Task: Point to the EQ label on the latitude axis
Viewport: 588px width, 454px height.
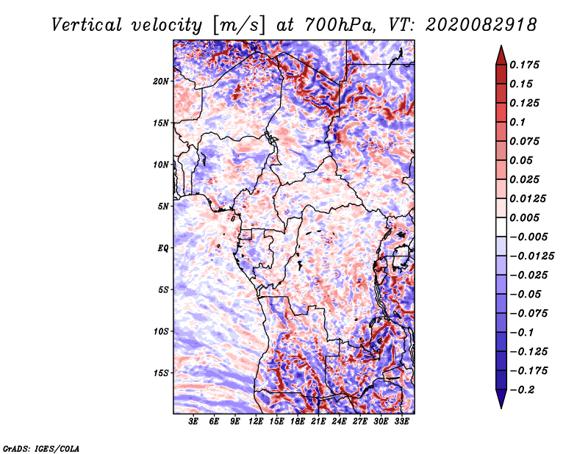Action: tap(163, 248)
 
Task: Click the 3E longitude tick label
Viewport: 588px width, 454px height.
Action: tap(194, 422)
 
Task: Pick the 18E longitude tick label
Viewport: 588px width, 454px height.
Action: tap(298, 422)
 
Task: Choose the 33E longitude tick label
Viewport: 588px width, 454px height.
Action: tap(402, 422)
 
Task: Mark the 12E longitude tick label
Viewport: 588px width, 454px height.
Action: tap(257, 422)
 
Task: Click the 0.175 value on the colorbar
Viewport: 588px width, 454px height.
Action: tap(527, 65)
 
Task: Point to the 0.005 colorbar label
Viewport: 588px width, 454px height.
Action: tap(527, 218)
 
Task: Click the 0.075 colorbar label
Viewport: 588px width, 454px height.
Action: tap(527, 141)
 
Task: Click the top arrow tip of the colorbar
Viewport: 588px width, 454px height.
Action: tap(501, 47)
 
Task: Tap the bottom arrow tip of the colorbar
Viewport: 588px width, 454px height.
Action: tap(501, 406)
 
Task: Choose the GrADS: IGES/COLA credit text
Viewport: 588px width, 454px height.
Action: tap(41, 447)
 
